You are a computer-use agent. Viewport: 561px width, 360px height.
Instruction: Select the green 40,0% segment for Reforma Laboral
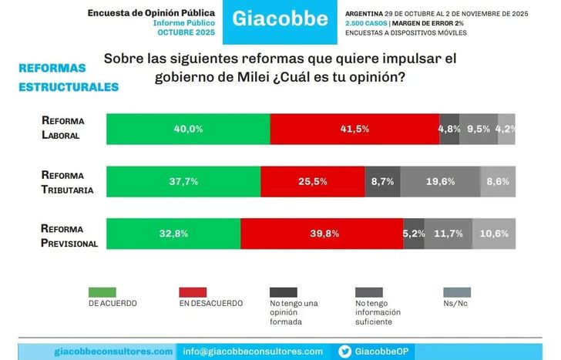pos(188,129)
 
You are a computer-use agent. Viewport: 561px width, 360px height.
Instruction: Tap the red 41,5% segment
pos(354,129)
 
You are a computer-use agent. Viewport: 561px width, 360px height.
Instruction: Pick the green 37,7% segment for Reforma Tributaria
pos(183,181)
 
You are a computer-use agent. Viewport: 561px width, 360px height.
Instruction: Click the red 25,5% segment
pos(312,181)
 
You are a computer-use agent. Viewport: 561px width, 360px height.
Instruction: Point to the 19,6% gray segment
pos(439,181)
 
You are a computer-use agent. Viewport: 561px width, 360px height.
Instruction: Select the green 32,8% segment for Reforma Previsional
pos(173,234)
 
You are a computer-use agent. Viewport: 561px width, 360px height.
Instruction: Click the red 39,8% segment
pos(321,234)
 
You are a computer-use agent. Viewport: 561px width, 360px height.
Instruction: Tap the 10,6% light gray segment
pos(494,234)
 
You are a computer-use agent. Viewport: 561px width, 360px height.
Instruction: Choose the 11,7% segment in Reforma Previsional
pos(448,234)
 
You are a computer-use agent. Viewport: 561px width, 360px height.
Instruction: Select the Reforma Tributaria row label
pos(68,181)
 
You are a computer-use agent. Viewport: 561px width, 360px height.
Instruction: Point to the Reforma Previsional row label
pos(69,234)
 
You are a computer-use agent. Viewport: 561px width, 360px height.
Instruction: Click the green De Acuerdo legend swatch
pos(102,292)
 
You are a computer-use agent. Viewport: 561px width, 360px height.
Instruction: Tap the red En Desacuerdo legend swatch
pos(192,292)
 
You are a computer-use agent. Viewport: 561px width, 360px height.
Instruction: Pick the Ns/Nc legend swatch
pos(457,292)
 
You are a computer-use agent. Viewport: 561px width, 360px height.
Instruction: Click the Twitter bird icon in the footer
pos(346,352)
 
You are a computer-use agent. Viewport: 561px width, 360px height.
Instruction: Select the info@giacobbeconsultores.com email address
pos(253,352)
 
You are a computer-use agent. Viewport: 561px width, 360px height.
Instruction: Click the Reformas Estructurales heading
pos(69,78)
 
